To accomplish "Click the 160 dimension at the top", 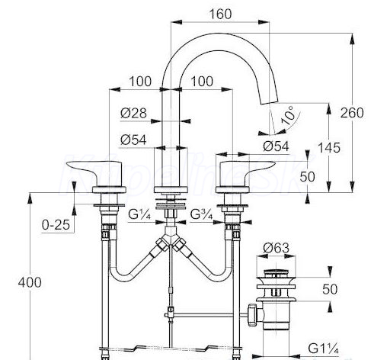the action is coord(220,14).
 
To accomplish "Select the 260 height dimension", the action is coord(352,113).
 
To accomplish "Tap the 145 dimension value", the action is coord(329,148).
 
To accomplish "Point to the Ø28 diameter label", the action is coord(133,113).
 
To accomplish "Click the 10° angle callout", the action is coord(289,116).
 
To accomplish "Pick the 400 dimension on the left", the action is coord(30,282).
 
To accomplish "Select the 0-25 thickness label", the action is coord(56,225).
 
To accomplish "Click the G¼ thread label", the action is coord(139,214).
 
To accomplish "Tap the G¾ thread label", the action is coord(201,214).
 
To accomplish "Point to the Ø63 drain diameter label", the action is coord(276,248).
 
